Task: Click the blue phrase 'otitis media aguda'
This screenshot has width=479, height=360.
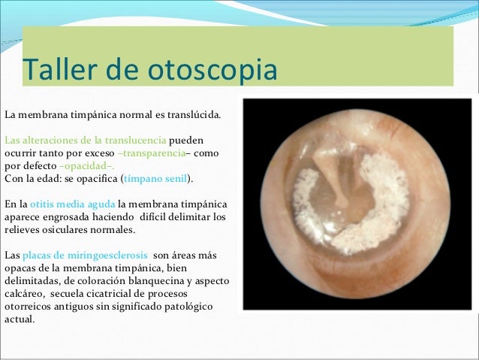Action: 73,204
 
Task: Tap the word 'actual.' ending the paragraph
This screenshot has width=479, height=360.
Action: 20,319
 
